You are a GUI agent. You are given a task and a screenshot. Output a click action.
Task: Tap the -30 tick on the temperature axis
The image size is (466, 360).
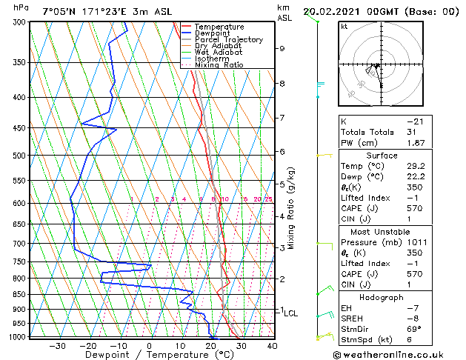pyautogui.click(x=57, y=345)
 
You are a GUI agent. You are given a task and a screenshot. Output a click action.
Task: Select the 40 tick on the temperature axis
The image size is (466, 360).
pyautogui.click(x=272, y=345)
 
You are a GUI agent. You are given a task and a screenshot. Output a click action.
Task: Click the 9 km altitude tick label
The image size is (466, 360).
pyautogui.click(x=282, y=48)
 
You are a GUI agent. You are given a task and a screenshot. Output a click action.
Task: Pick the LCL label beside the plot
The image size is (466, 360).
pyautogui.click(x=291, y=313)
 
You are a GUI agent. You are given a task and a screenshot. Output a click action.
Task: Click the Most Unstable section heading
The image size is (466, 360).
pyautogui.click(x=381, y=232)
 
